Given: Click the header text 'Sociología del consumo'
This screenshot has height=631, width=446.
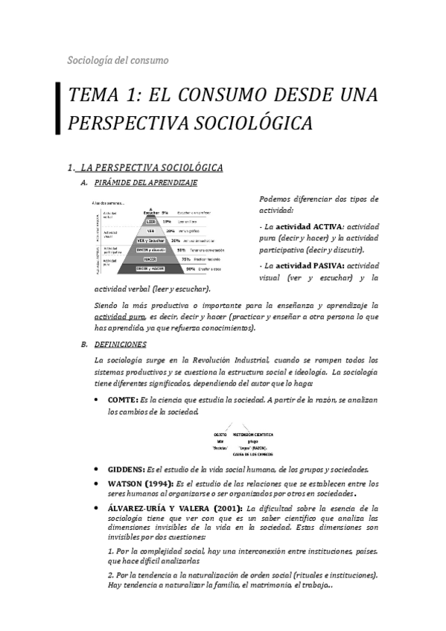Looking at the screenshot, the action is pos(118,60).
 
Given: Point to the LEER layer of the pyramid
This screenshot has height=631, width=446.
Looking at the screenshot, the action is pos(151,221).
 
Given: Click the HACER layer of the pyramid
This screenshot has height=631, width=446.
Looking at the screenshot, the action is pos(150,259).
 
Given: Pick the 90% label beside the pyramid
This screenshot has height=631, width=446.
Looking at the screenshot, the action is pos(191,269).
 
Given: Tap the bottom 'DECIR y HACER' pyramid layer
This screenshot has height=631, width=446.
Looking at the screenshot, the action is pos(150,269).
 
